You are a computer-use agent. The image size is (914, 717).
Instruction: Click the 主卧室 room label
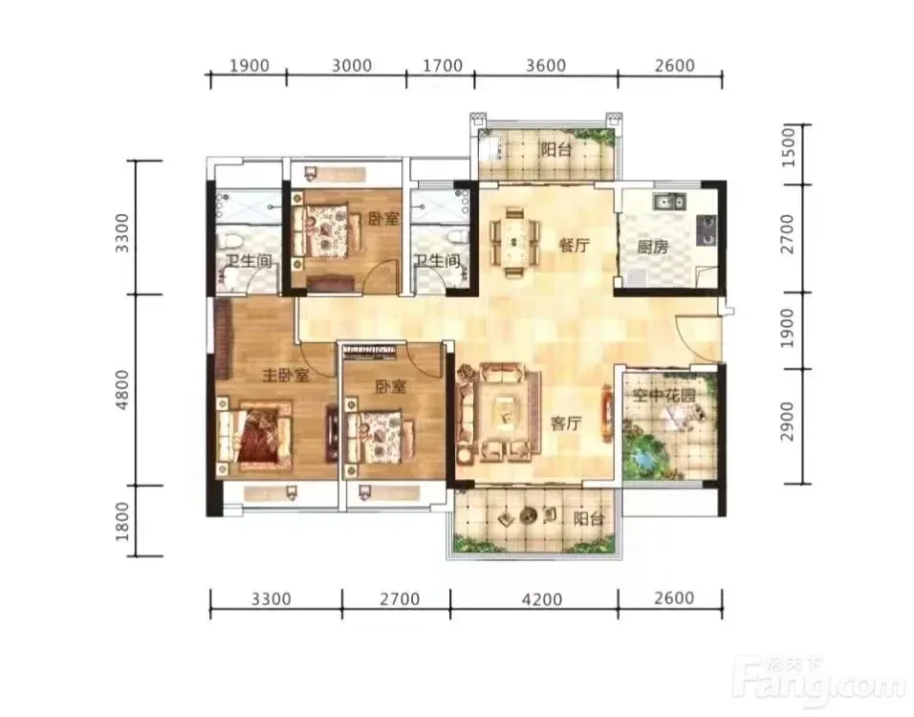(286, 376)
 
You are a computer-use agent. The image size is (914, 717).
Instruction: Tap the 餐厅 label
(575, 246)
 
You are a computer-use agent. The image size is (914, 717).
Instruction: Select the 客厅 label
(566, 424)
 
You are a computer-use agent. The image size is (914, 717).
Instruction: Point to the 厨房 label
(652, 248)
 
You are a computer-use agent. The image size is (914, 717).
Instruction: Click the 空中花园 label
(664, 397)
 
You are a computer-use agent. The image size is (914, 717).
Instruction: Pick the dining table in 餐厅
(513, 241)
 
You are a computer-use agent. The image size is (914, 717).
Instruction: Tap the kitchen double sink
(670, 202)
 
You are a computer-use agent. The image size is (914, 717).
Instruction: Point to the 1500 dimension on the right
(788, 148)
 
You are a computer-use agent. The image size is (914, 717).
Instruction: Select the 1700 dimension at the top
(443, 65)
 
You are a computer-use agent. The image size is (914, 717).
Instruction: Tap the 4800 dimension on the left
(121, 389)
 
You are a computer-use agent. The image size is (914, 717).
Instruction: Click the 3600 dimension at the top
(546, 65)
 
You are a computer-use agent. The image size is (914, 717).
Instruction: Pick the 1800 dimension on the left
(121, 521)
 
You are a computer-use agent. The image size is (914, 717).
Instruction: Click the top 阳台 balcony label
(555, 150)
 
